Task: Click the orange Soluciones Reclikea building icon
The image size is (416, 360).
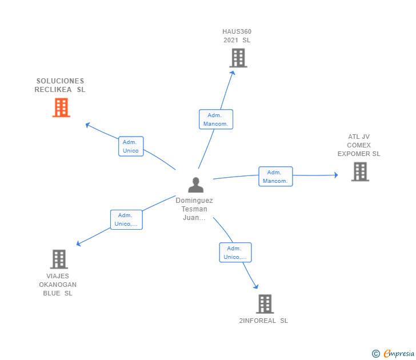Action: (x=61, y=107)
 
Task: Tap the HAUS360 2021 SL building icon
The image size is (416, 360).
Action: (x=238, y=58)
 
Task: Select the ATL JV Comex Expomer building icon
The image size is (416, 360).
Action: (x=360, y=171)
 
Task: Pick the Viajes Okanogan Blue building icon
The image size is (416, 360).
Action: (x=59, y=259)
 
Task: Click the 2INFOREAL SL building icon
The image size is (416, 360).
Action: (x=265, y=304)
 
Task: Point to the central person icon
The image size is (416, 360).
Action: (x=195, y=185)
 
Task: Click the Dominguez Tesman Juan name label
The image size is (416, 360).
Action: (x=194, y=209)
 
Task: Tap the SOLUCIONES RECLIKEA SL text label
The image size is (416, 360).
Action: (x=60, y=85)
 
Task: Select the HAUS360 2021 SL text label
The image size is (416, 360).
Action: (x=237, y=36)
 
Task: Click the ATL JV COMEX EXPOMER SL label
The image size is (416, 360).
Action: (x=359, y=145)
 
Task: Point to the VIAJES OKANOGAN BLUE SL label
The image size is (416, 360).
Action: (x=58, y=285)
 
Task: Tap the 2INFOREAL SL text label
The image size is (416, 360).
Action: (x=263, y=321)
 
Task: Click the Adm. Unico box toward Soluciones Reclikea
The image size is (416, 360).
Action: (x=131, y=146)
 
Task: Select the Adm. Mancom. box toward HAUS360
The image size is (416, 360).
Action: (x=216, y=119)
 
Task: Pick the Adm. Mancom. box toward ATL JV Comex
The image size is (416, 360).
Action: (x=275, y=177)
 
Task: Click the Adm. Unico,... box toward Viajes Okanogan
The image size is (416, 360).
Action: (x=126, y=219)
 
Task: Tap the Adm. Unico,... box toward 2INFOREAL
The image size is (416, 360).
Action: (x=235, y=253)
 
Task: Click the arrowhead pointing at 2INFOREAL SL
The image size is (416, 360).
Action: (x=256, y=287)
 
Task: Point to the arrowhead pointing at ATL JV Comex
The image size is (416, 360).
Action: (x=335, y=175)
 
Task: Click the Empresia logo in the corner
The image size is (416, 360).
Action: (x=394, y=354)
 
